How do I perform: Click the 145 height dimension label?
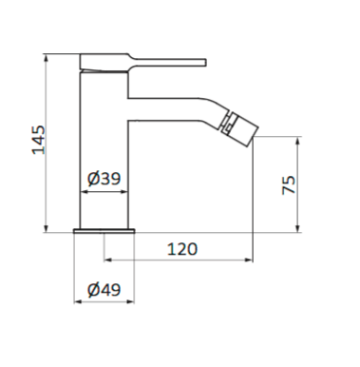[39, 140]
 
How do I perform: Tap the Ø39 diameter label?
[104, 178]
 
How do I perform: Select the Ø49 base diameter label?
[104, 289]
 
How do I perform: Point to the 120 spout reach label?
[182, 249]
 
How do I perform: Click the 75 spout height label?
[289, 184]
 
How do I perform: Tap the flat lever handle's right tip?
[205, 63]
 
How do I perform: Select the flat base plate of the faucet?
[104, 231]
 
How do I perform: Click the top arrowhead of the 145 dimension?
[47, 58]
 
